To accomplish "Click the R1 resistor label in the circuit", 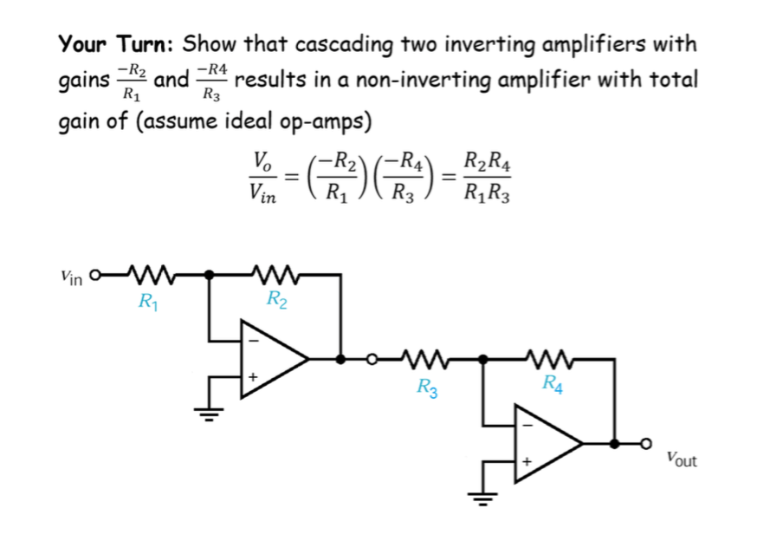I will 148,303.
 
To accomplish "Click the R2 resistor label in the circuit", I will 276,301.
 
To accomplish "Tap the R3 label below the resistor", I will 426,388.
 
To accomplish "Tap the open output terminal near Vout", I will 644,443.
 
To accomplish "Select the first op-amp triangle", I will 269,358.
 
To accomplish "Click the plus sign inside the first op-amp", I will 252,378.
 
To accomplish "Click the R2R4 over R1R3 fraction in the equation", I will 487,179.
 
